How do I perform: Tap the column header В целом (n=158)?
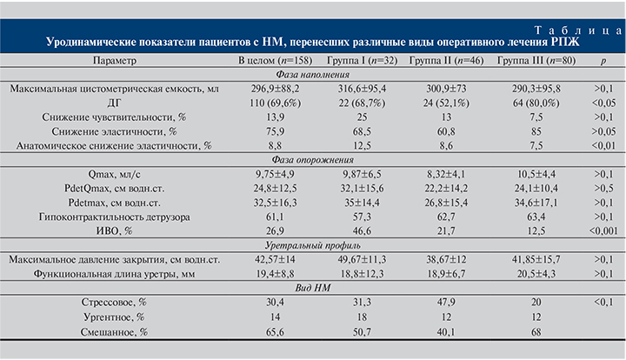click(x=276, y=61)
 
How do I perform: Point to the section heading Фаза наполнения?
click(x=312, y=75)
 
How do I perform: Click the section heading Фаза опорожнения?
click(x=312, y=159)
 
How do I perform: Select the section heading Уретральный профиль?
click(x=312, y=245)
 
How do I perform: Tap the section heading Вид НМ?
click(x=312, y=287)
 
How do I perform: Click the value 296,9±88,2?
click(x=276, y=89)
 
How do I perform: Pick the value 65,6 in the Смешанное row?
click(x=276, y=331)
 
